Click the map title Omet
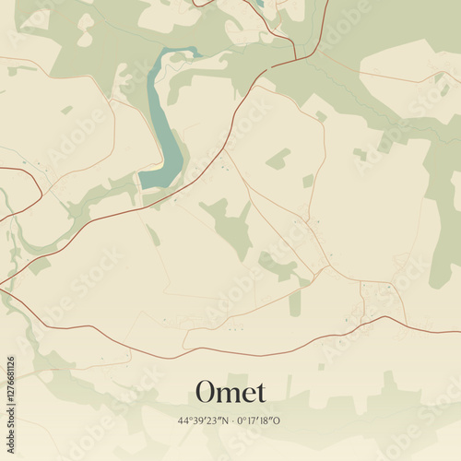230,392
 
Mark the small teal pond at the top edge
260,4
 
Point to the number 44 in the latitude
184,420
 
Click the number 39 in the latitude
196,420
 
